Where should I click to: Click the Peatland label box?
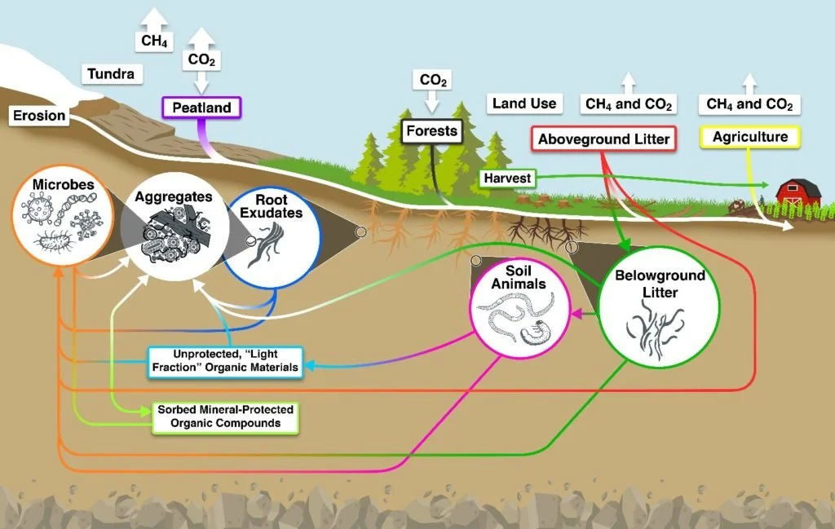(x=201, y=107)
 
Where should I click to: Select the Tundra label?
(x=113, y=75)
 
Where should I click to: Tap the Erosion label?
(x=38, y=116)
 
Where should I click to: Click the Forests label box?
(x=431, y=130)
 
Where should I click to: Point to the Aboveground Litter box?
(x=603, y=139)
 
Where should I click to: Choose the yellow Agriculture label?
(x=750, y=137)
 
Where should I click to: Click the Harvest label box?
(x=507, y=178)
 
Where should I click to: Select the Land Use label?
(x=524, y=103)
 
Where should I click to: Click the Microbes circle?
(x=63, y=216)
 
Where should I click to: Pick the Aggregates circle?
(x=173, y=227)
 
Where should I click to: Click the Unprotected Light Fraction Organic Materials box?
(x=224, y=360)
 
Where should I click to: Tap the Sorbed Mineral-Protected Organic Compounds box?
(x=226, y=417)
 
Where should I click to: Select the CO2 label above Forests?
(x=433, y=80)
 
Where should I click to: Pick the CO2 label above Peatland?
(x=202, y=59)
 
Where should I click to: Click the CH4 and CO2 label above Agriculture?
(x=749, y=104)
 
